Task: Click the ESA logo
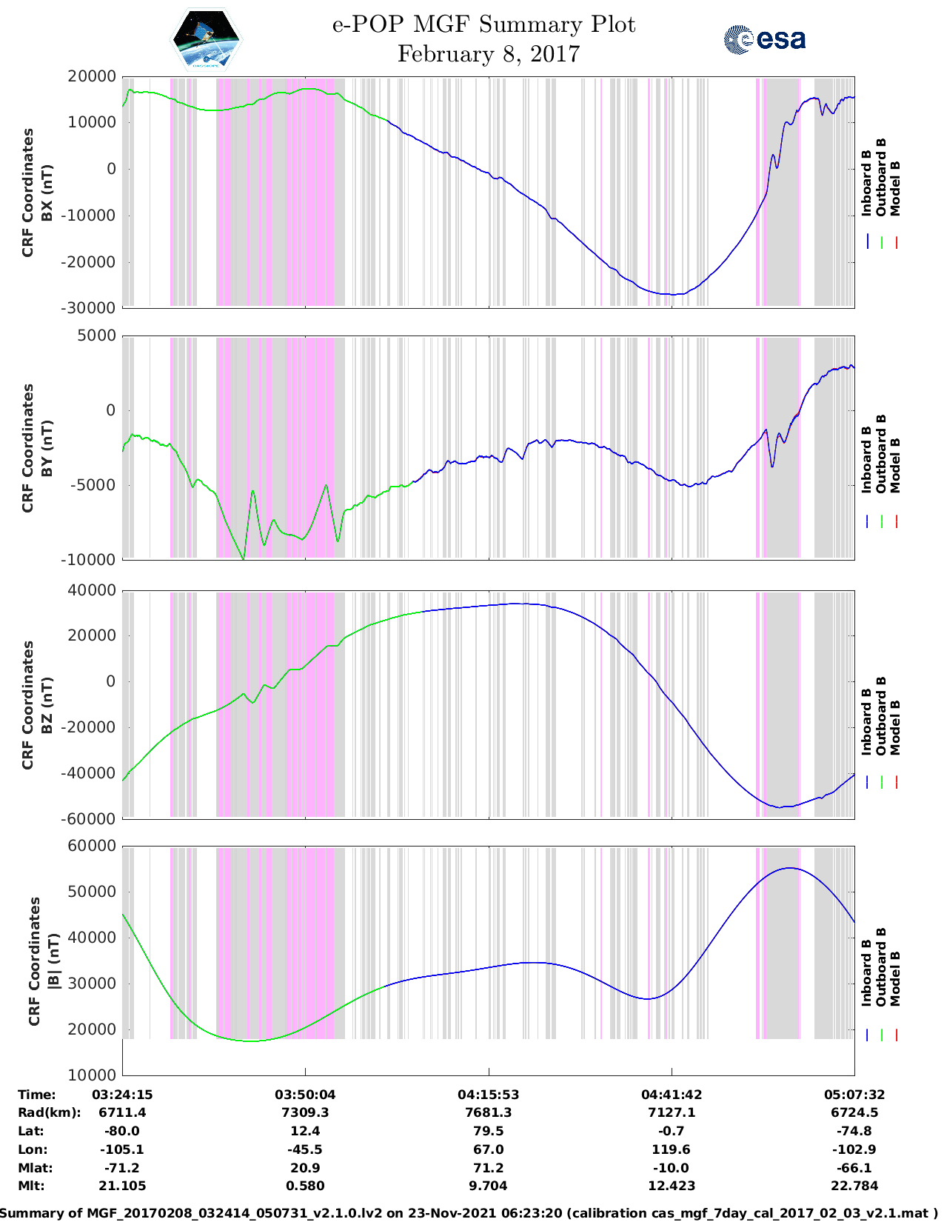point(764,39)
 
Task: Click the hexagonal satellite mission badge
point(206,40)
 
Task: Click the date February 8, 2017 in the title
point(488,54)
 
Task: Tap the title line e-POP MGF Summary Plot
point(483,24)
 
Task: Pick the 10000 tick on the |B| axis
point(93,1075)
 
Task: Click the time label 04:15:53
point(488,1095)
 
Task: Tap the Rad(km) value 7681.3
point(488,1112)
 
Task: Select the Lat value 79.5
point(488,1131)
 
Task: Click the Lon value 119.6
point(671,1149)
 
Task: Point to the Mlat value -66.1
point(854,1168)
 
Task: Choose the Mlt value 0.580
point(305,1186)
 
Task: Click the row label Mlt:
point(31,1186)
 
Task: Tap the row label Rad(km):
point(49,1112)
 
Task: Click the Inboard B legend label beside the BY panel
point(866,460)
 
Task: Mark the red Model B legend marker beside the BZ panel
point(896,782)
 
